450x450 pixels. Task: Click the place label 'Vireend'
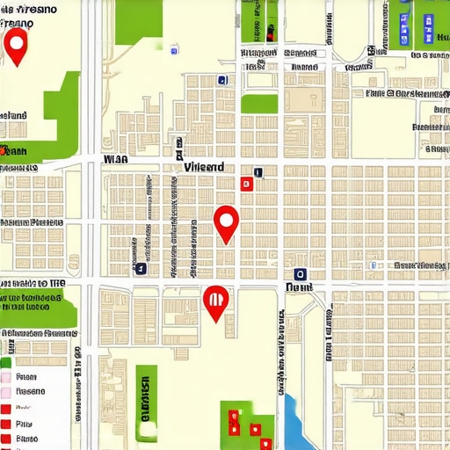pos(203,166)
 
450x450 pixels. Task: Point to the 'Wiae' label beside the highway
pos(115,160)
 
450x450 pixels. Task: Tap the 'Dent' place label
pos(299,287)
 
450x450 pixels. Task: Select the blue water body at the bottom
pos(293,420)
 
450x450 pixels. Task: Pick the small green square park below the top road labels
pos(259,104)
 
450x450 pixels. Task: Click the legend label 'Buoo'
pos(27,437)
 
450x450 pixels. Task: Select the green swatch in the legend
pos(5,362)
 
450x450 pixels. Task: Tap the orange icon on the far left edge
pos(4,150)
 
